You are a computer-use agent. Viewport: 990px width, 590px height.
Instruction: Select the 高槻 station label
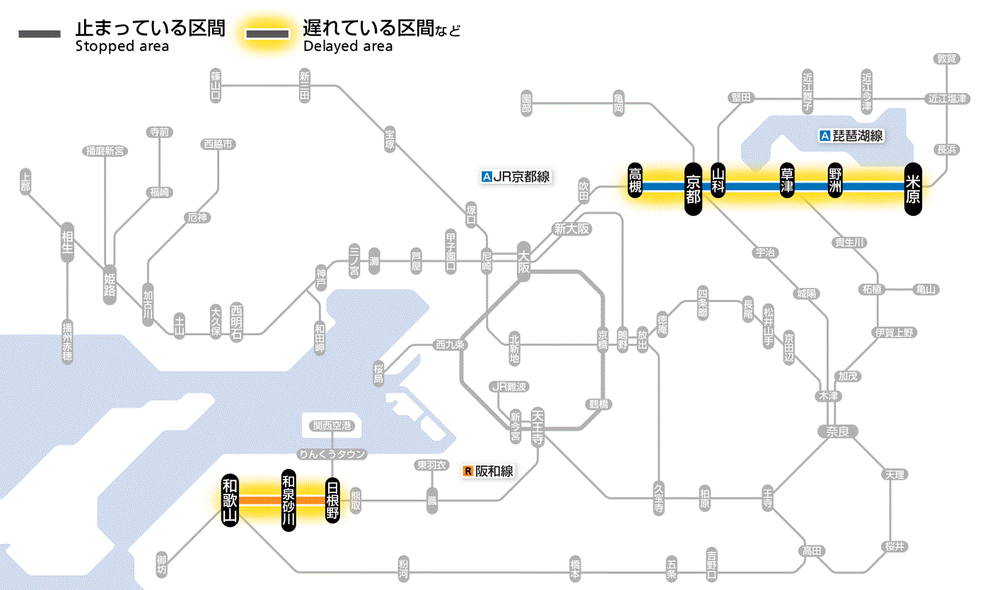635,182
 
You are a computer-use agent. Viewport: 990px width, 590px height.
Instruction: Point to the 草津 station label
787,182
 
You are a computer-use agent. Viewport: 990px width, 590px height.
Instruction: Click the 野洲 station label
837,182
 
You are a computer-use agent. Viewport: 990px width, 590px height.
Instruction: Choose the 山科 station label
718,182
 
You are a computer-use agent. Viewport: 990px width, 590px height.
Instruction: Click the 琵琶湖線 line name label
851,136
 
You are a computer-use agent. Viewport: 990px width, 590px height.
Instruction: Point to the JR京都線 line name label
516,177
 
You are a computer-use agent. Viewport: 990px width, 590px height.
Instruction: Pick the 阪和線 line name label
489,470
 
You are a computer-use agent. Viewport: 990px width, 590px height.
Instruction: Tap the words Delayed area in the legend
347,47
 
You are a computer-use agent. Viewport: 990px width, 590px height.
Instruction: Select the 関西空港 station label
332,426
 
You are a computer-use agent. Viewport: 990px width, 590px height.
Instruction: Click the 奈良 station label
837,431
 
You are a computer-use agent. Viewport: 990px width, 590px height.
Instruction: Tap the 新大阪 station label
571,229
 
